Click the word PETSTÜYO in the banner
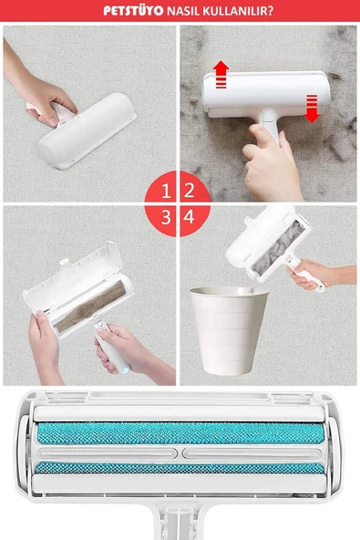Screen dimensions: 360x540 (x=133, y=11)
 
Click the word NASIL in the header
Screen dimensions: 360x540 (x=183, y=11)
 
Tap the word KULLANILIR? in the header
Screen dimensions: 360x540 (x=238, y=11)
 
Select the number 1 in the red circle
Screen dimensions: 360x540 (x=166, y=191)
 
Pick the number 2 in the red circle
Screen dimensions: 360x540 (x=189, y=191)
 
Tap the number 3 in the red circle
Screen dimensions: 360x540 (x=166, y=217)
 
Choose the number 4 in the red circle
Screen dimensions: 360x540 (x=189, y=217)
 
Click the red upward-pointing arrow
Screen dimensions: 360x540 (x=221, y=74)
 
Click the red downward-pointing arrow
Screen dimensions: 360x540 (x=312, y=109)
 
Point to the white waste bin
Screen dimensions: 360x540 (x=229, y=330)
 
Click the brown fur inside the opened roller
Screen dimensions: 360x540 (x=90, y=306)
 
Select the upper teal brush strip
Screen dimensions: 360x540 (x=180, y=433)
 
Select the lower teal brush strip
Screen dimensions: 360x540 (x=180, y=468)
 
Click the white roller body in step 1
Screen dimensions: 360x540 (x=87, y=130)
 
